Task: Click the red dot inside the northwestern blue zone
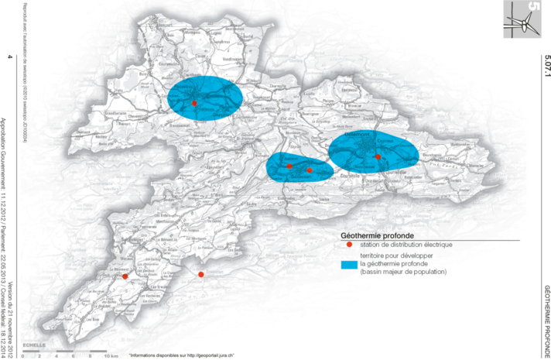(194, 103)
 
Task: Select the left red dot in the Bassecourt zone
(289, 166)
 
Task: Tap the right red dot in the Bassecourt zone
(310, 170)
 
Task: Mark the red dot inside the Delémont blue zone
(378, 157)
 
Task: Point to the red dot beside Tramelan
(201, 275)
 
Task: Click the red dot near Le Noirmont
(125, 276)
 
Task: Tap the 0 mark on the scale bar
(24, 355)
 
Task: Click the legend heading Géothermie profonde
(378, 235)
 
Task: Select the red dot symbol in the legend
(349, 245)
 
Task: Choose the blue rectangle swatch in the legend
(350, 265)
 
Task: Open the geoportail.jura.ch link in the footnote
(200, 355)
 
